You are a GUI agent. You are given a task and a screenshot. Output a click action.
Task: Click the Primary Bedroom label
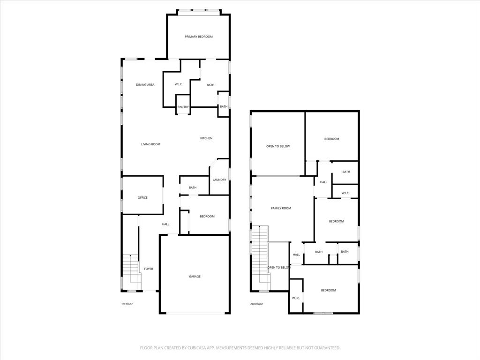pyautogui.click(x=199, y=37)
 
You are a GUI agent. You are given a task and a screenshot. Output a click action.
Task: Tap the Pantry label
pyautogui.click(x=183, y=107)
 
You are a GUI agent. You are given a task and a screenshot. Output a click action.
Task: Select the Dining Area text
pyautogui.click(x=145, y=85)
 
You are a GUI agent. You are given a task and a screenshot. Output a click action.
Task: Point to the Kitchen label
pyautogui.click(x=206, y=138)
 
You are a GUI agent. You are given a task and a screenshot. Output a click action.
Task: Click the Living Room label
pyautogui.click(x=150, y=144)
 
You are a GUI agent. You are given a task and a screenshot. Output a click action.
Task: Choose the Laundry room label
pyautogui.click(x=219, y=180)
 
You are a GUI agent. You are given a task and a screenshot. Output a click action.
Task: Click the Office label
pyautogui.click(x=142, y=198)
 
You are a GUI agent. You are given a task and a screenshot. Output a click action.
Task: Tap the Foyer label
pyautogui.click(x=149, y=269)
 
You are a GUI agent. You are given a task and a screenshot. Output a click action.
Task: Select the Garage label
pyautogui.click(x=195, y=277)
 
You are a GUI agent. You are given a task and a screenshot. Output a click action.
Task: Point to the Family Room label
pyautogui.click(x=281, y=208)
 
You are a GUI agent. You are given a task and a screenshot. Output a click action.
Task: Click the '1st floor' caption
pyautogui.click(x=127, y=304)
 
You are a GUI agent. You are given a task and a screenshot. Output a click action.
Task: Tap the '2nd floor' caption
pyautogui.click(x=256, y=304)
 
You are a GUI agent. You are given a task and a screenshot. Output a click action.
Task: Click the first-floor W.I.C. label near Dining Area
pyautogui.click(x=178, y=85)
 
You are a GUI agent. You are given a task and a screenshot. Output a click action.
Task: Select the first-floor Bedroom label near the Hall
pyautogui.click(x=207, y=217)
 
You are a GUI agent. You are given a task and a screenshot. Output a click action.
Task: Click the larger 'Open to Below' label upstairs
pyautogui.click(x=278, y=146)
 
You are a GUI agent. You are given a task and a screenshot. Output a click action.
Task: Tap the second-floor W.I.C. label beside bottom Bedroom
pyautogui.click(x=296, y=298)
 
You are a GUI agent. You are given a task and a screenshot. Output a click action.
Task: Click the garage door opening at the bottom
pyautogui.click(x=195, y=313)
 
